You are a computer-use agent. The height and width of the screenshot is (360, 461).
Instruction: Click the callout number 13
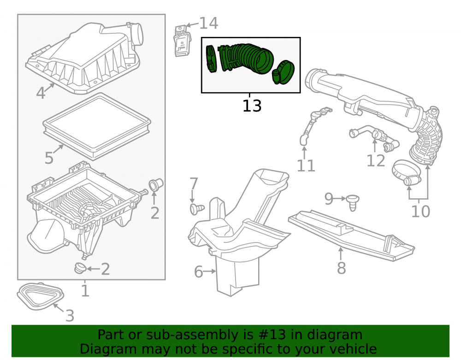click(x=252, y=106)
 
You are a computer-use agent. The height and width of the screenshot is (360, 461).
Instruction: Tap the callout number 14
click(x=209, y=23)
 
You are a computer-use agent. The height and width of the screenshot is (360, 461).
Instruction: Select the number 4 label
click(x=41, y=93)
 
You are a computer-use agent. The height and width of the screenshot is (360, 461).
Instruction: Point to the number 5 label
click(x=49, y=158)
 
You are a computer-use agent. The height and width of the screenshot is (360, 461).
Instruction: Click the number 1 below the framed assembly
click(x=85, y=290)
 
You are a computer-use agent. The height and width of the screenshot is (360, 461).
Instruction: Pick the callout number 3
click(x=70, y=316)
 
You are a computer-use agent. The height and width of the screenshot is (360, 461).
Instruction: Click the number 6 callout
click(x=198, y=272)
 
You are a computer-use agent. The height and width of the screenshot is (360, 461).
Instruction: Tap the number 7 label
click(x=194, y=184)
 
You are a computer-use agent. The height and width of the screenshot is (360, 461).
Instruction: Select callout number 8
click(x=341, y=268)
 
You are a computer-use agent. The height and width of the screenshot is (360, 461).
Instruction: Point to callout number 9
click(x=329, y=199)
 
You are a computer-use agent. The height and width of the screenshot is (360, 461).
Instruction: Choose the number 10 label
click(x=421, y=211)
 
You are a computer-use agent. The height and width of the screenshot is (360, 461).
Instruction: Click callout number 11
click(x=306, y=166)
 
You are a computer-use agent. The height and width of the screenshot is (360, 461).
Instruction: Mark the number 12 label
click(x=376, y=161)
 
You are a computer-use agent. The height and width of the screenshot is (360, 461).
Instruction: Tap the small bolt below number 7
click(x=197, y=209)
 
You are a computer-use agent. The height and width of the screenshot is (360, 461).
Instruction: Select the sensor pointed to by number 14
click(x=182, y=41)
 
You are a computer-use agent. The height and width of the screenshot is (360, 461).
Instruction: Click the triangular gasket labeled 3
click(x=40, y=296)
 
